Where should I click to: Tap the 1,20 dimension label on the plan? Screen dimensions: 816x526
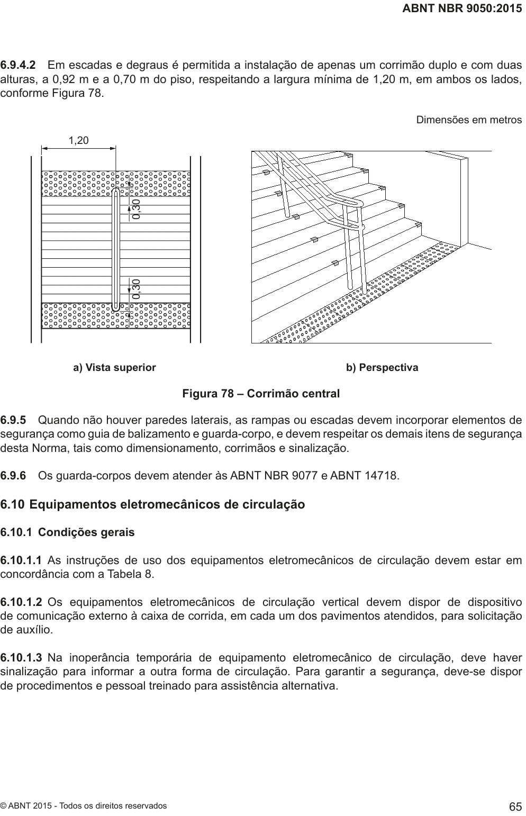pyautogui.click(x=79, y=140)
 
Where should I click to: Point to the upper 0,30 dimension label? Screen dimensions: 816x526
pyautogui.click(x=137, y=210)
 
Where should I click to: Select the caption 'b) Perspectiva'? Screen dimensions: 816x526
pyautogui.click(x=382, y=367)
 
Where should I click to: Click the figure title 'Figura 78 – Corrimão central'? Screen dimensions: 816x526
pyautogui.click(x=261, y=394)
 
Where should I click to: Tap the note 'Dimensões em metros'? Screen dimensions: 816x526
pyautogui.click(x=469, y=120)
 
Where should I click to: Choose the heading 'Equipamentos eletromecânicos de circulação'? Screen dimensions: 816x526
pyautogui.click(x=167, y=504)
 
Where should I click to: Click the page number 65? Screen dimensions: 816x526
pyautogui.click(x=515, y=806)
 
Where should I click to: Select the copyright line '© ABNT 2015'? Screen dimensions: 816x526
pyautogui.click(x=83, y=806)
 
